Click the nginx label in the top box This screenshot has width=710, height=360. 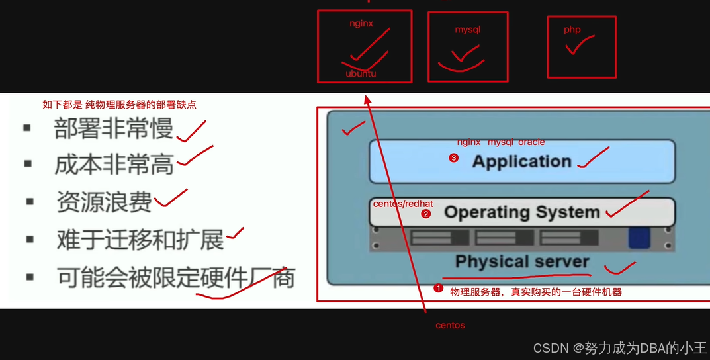(361, 24)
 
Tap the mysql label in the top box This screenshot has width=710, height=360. (467, 30)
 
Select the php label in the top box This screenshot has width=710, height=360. (572, 30)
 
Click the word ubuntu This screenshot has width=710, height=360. (361, 73)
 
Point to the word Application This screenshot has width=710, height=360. (521, 161)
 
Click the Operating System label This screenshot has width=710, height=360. (521, 212)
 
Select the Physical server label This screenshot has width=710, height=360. (522, 261)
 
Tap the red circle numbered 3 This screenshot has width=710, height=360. (453, 158)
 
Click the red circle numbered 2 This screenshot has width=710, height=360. (425, 214)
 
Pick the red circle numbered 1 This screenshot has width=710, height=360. (437, 289)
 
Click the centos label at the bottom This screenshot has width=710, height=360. (450, 325)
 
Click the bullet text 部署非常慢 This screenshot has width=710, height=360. (113, 129)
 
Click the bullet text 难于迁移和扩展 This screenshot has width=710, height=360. (140, 240)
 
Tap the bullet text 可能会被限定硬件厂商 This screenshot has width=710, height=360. (175, 277)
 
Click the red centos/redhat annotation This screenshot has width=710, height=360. (403, 204)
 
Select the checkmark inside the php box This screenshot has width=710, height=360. (580, 45)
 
